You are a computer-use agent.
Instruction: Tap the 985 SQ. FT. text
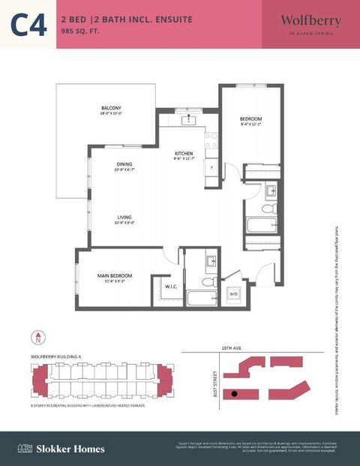pyautogui.click(x=79, y=32)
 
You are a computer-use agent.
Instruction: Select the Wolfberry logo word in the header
pyautogui.click(x=310, y=20)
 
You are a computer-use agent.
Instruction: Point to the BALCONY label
pyautogui.click(x=111, y=109)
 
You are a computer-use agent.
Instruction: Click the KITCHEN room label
pyautogui.click(x=183, y=154)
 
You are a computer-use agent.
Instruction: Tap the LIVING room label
pyautogui.click(x=124, y=218)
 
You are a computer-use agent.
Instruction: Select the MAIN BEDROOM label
pyautogui.click(x=115, y=276)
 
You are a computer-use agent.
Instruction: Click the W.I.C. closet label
pyautogui.click(x=170, y=286)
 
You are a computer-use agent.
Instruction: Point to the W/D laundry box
pyautogui.click(x=233, y=293)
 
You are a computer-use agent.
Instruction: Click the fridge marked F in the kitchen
pyautogui.click(x=212, y=167)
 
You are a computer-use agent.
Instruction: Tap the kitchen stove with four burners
pyautogui.click(x=211, y=140)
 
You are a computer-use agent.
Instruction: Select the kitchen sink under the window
pyautogui.click(x=189, y=120)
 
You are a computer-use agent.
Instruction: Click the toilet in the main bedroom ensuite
pyautogui.click(x=210, y=283)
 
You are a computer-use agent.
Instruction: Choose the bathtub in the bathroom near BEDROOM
pyautogui.click(x=262, y=225)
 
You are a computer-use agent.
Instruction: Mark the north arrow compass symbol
pyautogui.click(x=38, y=339)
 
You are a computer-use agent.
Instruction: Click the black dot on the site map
pyautogui.click(x=234, y=393)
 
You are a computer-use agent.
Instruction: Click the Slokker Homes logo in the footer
pyautogui.click(x=61, y=449)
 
